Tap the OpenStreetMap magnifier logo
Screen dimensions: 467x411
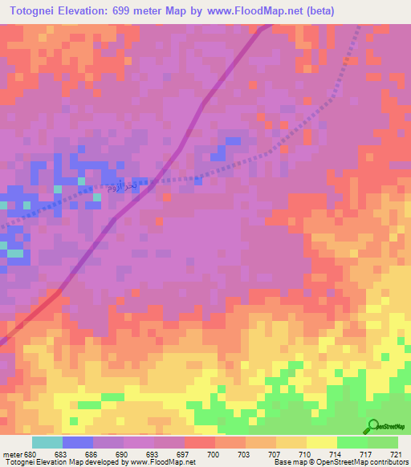[x=373, y=426]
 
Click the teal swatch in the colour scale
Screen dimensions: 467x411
[x=47, y=443]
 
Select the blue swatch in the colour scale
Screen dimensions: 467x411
[x=78, y=443]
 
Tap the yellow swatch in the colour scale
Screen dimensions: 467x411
[x=322, y=443]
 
